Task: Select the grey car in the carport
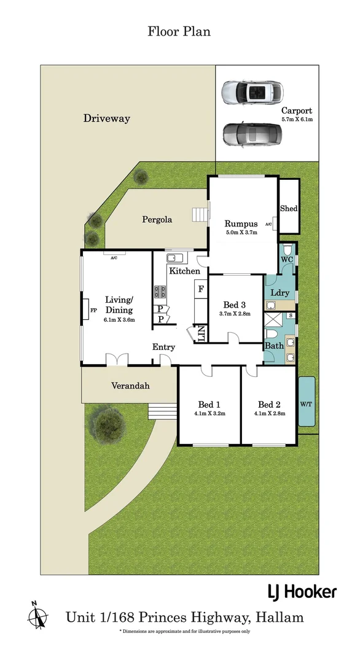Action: [252, 134]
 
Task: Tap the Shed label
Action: [289, 209]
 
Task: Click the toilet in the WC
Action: [287, 249]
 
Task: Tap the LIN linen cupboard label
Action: [201, 335]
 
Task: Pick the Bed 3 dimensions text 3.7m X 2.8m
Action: [235, 314]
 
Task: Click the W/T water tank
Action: [307, 401]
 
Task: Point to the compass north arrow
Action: [38, 615]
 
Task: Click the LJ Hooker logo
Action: [302, 592]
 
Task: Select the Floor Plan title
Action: [179, 31]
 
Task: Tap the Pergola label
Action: [157, 219]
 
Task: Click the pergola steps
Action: [202, 215]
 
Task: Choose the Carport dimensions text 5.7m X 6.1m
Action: [297, 120]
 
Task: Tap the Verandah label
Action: [130, 386]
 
